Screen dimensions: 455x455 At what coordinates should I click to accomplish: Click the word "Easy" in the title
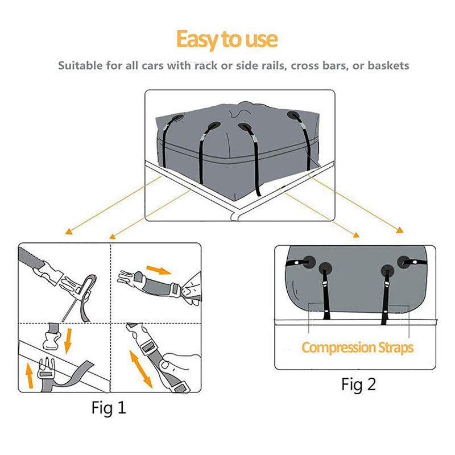[x=197, y=40]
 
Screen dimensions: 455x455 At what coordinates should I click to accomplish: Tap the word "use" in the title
[x=259, y=40]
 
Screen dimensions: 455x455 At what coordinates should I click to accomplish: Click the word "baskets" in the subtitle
[x=388, y=65]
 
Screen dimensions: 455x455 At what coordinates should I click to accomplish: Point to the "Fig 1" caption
[x=109, y=407]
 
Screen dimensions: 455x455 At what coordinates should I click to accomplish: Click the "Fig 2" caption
[x=358, y=384]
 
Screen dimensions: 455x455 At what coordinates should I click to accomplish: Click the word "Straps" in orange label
[x=392, y=347]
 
